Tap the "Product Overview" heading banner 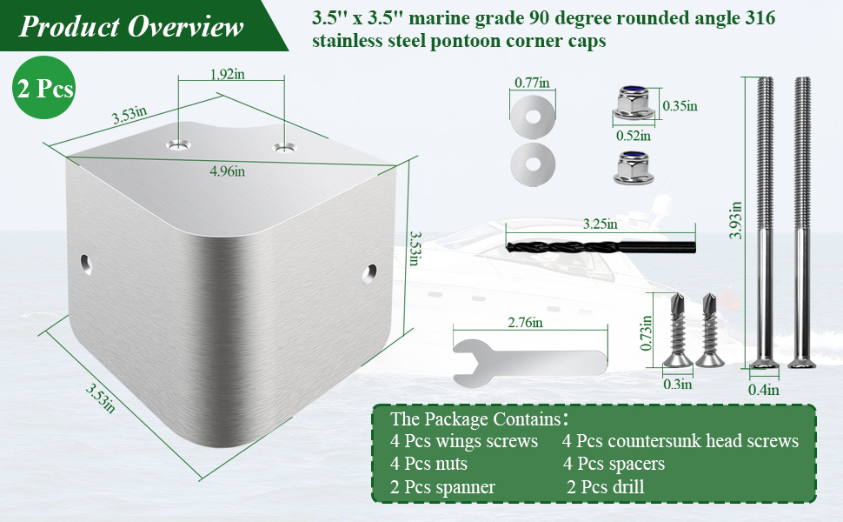[x=132, y=26]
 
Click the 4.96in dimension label [x=228, y=171]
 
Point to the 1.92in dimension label [x=227, y=74]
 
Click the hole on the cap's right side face [x=369, y=273]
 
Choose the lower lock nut [x=634, y=167]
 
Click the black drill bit [x=601, y=247]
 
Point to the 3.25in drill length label [x=600, y=224]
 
